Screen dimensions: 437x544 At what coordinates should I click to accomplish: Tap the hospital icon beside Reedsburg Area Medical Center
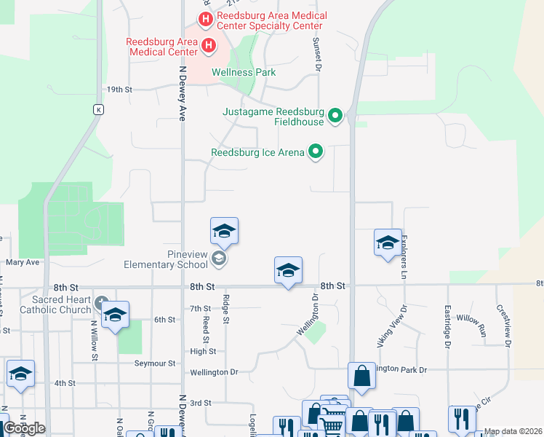(209, 47)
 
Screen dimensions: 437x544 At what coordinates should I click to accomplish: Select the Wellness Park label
(244, 72)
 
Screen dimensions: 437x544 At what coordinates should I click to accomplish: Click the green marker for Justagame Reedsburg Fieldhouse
(335, 116)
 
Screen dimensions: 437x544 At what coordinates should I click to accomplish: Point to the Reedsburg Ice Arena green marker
(316, 152)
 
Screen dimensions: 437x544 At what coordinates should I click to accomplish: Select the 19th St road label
(119, 90)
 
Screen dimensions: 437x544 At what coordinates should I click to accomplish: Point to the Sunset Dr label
(317, 55)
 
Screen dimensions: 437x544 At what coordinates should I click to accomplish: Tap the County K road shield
(97, 109)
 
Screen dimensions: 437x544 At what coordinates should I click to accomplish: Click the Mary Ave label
(23, 262)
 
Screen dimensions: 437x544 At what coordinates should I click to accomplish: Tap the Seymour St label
(155, 363)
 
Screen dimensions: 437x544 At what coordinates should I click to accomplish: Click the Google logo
(24, 428)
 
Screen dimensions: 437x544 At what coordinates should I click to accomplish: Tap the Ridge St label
(226, 309)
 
